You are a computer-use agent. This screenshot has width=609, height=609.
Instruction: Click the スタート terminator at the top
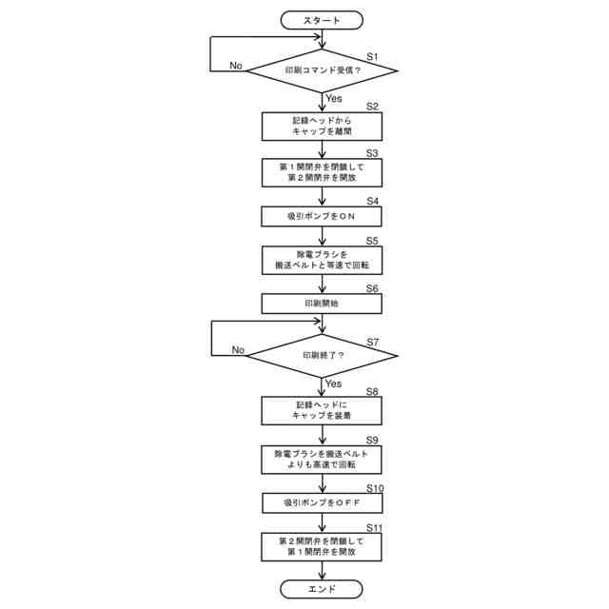tap(323, 19)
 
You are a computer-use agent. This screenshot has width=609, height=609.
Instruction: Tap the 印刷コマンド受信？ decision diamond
tap(323, 70)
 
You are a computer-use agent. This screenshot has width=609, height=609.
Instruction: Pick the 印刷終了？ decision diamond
tap(323, 355)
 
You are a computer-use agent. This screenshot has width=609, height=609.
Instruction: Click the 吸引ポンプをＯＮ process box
tap(323, 216)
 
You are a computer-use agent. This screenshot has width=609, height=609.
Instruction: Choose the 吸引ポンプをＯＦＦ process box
tap(323, 502)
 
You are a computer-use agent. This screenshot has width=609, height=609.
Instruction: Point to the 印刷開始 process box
tap(323, 303)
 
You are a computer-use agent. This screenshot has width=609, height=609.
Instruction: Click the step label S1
tap(372, 57)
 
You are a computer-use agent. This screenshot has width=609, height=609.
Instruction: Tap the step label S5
tap(372, 242)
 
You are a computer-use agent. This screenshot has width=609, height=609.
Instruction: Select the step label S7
tap(373, 342)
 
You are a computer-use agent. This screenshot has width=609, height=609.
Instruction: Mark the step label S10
tap(375, 488)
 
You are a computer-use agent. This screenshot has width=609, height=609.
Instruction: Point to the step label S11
tap(375, 527)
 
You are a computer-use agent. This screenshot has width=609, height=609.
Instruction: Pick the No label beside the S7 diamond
tap(238, 350)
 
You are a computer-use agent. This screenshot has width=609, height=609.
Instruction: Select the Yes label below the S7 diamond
tap(333, 383)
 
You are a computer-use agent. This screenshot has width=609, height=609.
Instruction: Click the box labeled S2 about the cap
tap(323, 127)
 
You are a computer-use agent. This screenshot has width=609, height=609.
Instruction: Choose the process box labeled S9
tap(323, 459)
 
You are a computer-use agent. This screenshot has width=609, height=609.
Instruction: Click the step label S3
tap(372, 152)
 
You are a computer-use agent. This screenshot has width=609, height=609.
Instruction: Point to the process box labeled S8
tap(323, 410)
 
